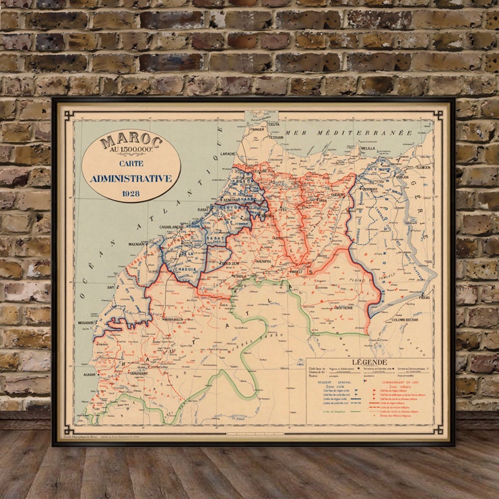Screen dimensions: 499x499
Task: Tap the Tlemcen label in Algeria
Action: tap(423, 167)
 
